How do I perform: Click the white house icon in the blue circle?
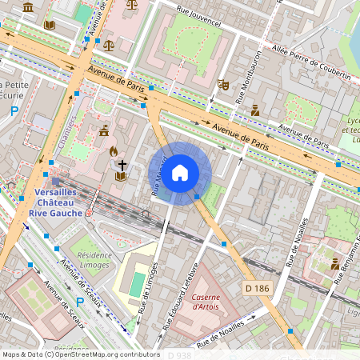180,172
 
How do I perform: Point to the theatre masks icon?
223,84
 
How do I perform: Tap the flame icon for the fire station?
114,150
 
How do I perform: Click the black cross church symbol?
122,165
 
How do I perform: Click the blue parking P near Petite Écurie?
14,111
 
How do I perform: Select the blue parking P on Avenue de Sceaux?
79,301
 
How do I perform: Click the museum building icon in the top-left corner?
28,7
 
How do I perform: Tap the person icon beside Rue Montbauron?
255,110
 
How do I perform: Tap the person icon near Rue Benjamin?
335,263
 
